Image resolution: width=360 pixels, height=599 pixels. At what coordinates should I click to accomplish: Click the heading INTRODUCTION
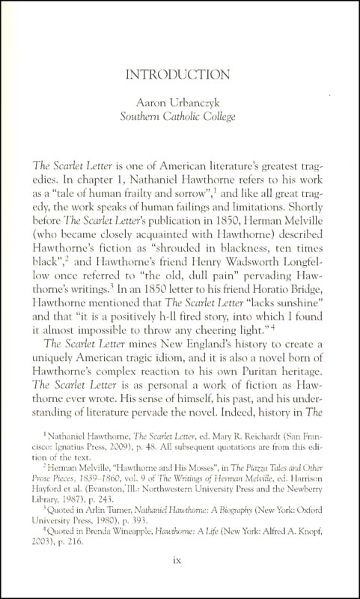[x=180, y=75]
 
